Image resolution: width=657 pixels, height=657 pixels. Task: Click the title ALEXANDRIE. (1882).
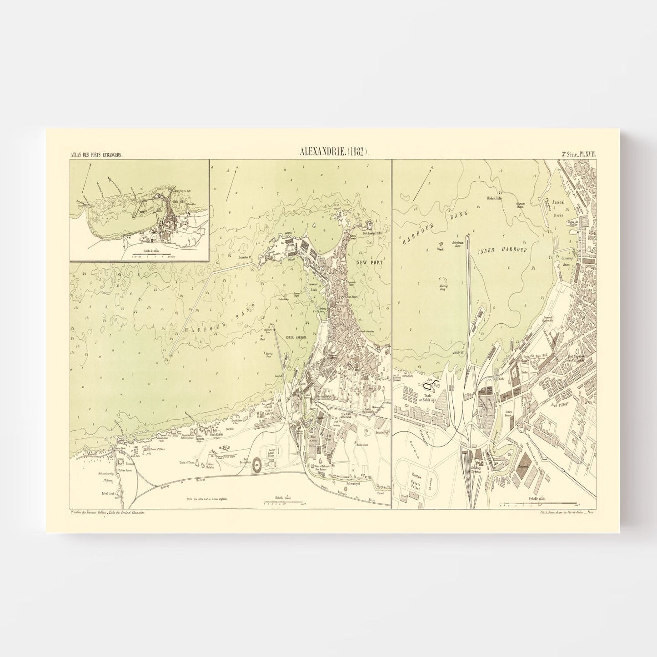pyautogui.click(x=335, y=153)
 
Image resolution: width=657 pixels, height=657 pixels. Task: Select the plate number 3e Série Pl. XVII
pyautogui.click(x=573, y=155)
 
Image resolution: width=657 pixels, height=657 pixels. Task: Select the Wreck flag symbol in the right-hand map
pyautogui.click(x=440, y=248)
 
